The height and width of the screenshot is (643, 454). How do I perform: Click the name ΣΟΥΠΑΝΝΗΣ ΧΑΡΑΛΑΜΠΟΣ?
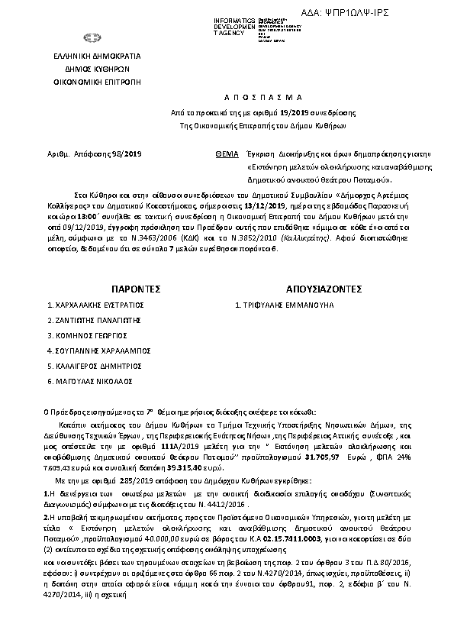98,349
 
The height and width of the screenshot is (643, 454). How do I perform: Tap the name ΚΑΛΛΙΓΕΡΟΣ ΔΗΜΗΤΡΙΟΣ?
95,364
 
